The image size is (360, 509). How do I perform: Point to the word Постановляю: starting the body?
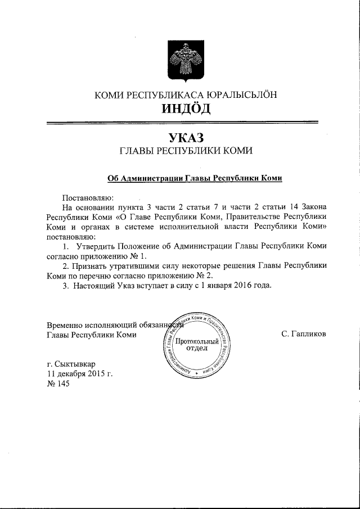point(88,197)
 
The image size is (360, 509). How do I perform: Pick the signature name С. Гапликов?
point(303,334)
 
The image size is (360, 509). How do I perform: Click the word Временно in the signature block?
point(66,325)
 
